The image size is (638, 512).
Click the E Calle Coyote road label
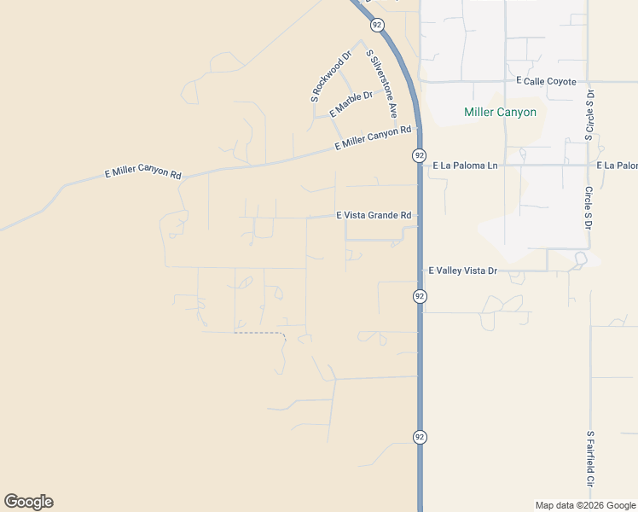pyautogui.click(x=547, y=81)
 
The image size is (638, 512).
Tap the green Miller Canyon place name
pyautogui.click(x=500, y=112)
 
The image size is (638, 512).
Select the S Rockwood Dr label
pyautogui.click(x=331, y=79)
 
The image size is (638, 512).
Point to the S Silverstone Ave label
pyautogui.click(x=382, y=83)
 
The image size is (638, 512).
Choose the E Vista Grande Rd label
pyautogui.click(x=374, y=216)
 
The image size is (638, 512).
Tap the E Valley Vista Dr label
pyautogui.click(x=462, y=271)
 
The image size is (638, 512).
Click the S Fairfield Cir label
pyautogui.click(x=589, y=458)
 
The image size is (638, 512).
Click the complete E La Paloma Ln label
pyautogui.click(x=465, y=165)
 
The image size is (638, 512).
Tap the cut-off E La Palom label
pyautogui.click(x=617, y=165)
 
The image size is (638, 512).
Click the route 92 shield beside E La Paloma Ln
pyautogui.click(x=419, y=155)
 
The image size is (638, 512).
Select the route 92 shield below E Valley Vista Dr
pyautogui.click(x=420, y=296)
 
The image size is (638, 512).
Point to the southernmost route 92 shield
pyautogui.click(x=420, y=437)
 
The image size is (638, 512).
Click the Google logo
pyautogui.click(x=28, y=502)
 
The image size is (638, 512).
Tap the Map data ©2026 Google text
pyautogui.click(x=585, y=505)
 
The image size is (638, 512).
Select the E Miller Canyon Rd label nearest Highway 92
pyautogui.click(x=373, y=137)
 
